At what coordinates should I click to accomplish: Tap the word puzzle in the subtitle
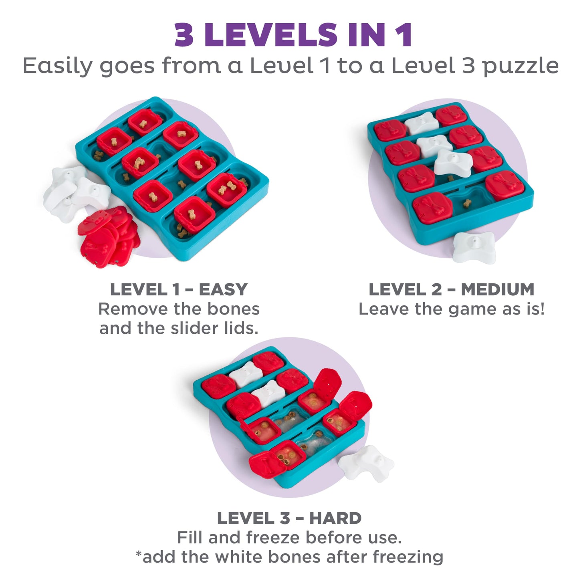[x=520, y=66]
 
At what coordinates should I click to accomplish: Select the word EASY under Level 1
[x=223, y=289]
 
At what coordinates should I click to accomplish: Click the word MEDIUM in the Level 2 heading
[x=497, y=289]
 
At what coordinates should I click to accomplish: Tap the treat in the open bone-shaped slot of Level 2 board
[x=467, y=204]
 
